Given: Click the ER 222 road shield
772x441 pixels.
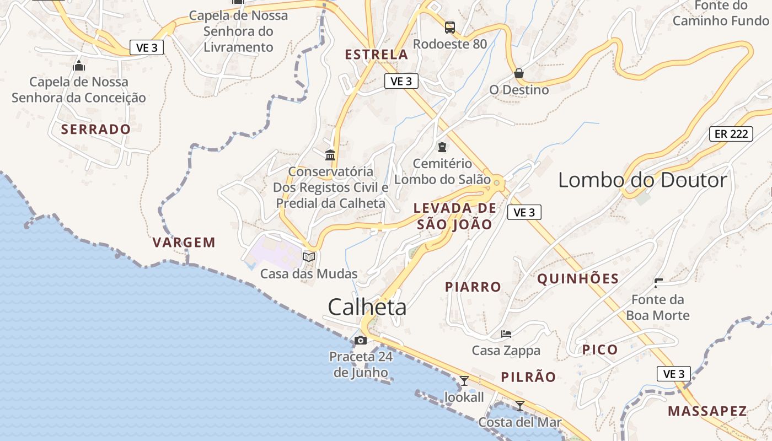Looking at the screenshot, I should pos(731,134).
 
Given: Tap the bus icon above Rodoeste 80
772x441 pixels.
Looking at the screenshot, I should pos(450,27).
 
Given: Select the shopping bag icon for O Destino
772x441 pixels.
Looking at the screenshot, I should pos(518,73).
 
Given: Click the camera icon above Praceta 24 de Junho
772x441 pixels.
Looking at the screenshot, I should pos(361,340).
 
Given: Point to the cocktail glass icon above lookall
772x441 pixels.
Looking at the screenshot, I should pos(464,380).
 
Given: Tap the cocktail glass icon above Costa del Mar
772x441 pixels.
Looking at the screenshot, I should pos(519,406).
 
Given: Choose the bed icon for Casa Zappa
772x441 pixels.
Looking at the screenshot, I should pos(506,334).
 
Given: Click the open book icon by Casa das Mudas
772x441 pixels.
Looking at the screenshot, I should pos(309,257).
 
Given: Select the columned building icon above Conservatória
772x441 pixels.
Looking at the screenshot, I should pos(330,155).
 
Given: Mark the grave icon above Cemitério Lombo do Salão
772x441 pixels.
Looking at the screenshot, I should pos(442,147).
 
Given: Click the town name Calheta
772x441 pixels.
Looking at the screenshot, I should pos(367,307).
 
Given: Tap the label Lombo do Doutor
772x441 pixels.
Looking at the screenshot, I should pos(642,180).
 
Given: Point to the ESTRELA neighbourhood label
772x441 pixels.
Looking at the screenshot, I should pos(377,55).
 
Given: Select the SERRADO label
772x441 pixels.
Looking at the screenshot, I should pos(96,130).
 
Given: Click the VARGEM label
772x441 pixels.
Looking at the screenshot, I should pos(184,243).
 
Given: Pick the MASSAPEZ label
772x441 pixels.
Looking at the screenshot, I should pos(707,411).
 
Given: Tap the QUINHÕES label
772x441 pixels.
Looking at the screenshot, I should pos(578,279).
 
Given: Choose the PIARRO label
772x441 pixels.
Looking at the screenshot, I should pos(473,287).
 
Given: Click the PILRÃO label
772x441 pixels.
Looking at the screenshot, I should pos(528,377).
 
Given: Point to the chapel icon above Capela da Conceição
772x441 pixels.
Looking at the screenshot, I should pos(79,66).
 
